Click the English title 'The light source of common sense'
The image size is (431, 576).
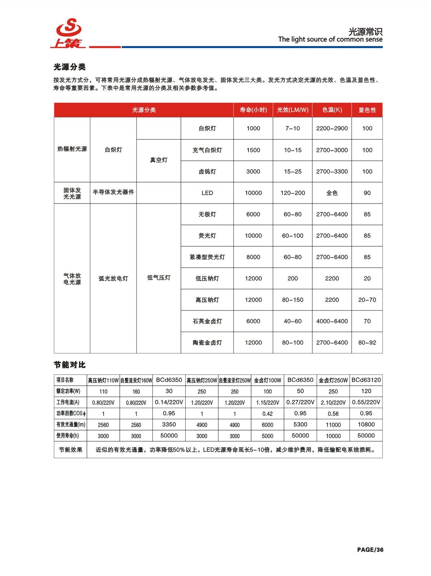click(x=330, y=39)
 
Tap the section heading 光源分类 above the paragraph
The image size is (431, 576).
click(x=70, y=67)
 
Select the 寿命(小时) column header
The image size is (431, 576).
click(x=253, y=110)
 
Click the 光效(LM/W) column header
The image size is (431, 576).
click(x=293, y=110)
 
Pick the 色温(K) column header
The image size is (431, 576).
click(x=332, y=110)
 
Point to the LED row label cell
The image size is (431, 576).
click(x=207, y=193)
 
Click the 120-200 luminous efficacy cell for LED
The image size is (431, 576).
click(x=293, y=193)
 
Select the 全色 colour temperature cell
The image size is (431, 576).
click(x=332, y=193)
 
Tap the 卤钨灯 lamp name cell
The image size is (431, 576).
click(x=207, y=172)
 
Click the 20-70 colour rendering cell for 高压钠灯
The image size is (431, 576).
click(x=367, y=300)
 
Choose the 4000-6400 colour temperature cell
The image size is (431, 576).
click(x=332, y=321)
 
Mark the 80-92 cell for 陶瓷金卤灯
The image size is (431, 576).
click(x=367, y=343)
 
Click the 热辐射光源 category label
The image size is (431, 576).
click(x=72, y=149)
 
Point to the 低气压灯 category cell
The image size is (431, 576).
click(x=158, y=278)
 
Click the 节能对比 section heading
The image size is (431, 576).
click(x=70, y=365)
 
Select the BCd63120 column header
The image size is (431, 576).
click(x=366, y=380)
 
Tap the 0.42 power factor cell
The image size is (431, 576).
click(x=267, y=414)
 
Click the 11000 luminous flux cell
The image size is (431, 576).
click(x=333, y=425)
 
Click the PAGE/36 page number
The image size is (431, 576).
click(x=370, y=550)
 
